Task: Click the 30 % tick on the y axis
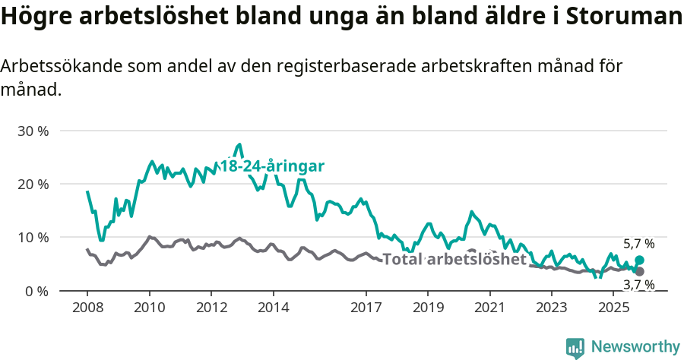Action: point(33,131)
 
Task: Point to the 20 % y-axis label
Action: point(33,184)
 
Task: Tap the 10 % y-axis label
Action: point(33,237)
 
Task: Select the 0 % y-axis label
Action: point(36,291)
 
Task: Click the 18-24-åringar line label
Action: point(272,166)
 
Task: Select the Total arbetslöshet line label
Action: point(454,259)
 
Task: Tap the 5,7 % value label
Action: point(638,244)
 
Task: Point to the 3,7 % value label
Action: point(638,285)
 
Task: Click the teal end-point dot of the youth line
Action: point(639,261)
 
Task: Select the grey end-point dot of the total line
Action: point(639,271)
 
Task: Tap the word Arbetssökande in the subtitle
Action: point(57,66)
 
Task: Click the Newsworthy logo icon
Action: point(575,347)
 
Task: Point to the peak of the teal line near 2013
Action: point(239,144)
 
